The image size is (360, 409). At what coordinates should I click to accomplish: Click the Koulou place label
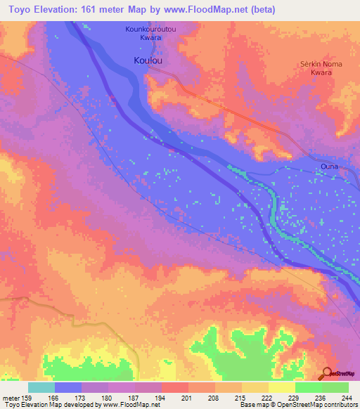click(148, 61)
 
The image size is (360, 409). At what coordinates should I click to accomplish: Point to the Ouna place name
click(329, 167)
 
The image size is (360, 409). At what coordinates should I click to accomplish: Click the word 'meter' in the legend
click(11, 397)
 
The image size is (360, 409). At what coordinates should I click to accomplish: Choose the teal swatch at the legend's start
click(41, 387)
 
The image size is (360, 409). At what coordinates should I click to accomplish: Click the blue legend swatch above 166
click(68, 387)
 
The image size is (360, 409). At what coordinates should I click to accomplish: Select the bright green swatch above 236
click(309, 387)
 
